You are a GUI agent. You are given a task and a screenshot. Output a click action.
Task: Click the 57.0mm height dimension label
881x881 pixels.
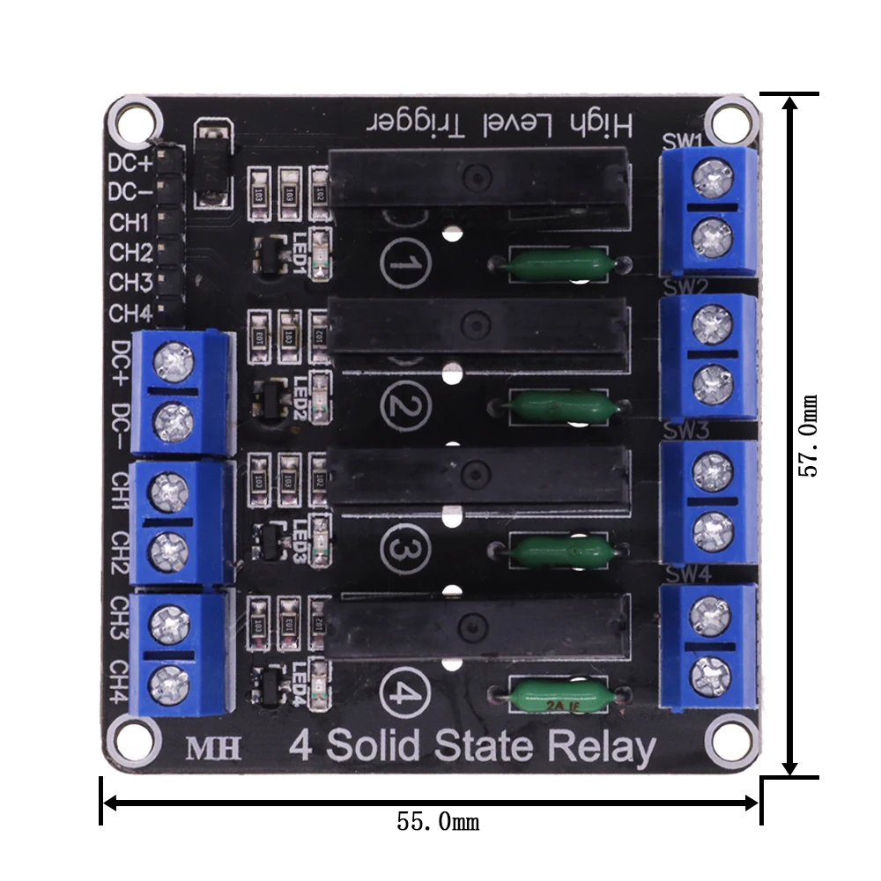[808, 435]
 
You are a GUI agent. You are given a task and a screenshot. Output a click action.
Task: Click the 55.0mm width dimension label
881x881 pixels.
[438, 822]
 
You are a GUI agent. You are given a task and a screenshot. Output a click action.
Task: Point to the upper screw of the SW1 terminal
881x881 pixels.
[710, 179]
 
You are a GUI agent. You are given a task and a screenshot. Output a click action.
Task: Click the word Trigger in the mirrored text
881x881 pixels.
[414, 124]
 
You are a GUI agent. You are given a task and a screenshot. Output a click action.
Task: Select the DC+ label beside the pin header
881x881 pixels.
[129, 163]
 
